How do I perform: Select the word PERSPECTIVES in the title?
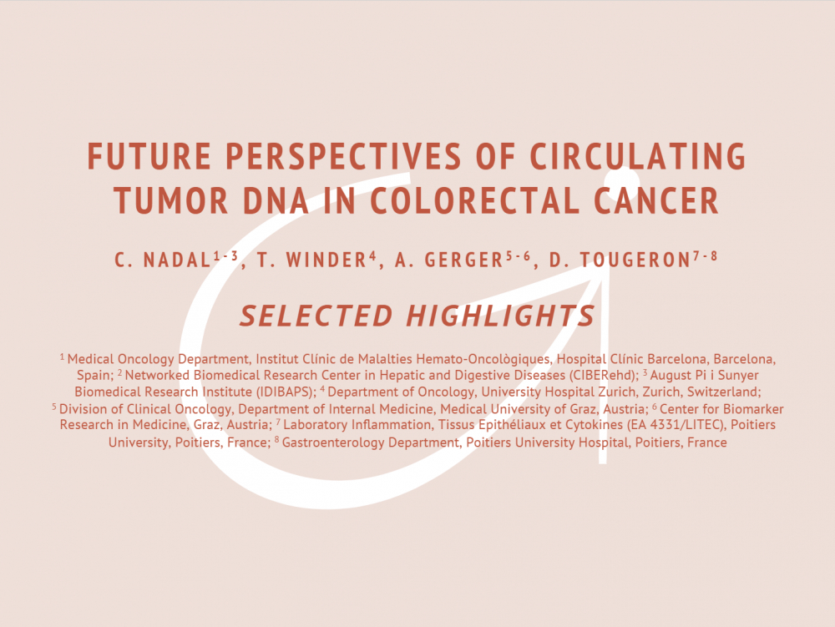(x=343, y=156)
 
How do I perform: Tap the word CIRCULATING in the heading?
(x=637, y=156)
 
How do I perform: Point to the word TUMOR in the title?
(x=171, y=200)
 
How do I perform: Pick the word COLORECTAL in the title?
(x=475, y=200)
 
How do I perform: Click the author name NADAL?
(x=177, y=260)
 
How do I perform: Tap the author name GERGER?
(x=463, y=260)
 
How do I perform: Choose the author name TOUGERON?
(x=635, y=260)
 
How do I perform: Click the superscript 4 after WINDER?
(x=372, y=256)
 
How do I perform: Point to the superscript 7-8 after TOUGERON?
(x=705, y=256)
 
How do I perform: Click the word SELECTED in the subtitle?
(x=316, y=316)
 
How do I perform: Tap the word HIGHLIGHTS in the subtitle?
(x=500, y=316)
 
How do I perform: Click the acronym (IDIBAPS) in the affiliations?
(x=286, y=392)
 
